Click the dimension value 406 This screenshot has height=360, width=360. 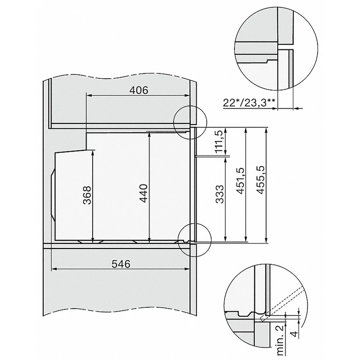point(139,90)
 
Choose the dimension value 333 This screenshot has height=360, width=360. point(220,194)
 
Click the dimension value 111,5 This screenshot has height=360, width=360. point(220,142)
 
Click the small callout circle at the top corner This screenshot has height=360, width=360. point(189,121)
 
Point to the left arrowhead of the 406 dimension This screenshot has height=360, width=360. point(87,95)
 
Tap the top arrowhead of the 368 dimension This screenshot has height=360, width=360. point(93,152)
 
